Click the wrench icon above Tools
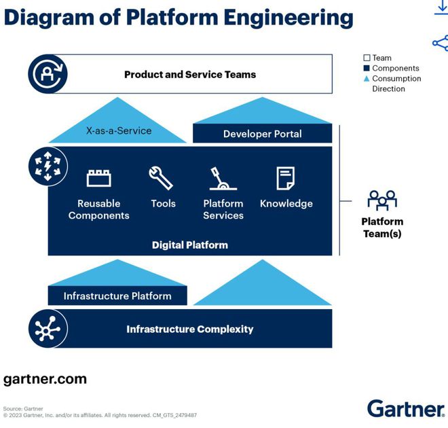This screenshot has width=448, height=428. click(162, 178)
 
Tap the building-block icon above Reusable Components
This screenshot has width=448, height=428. click(99, 179)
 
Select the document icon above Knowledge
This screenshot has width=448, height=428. click(286, 178)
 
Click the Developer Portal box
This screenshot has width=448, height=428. click(263, 134)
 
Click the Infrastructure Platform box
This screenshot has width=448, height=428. click(117, 296)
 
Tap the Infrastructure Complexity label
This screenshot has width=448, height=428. click(190, 329)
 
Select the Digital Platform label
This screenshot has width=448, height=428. click(190, 245)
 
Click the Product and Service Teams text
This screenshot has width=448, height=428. click(190, 74)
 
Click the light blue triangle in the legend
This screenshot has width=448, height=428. click(367, 79)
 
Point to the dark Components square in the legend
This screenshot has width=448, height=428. click(367, 69)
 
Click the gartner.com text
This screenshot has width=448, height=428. click(45, 379)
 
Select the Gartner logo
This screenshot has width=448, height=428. click(406, 409)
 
